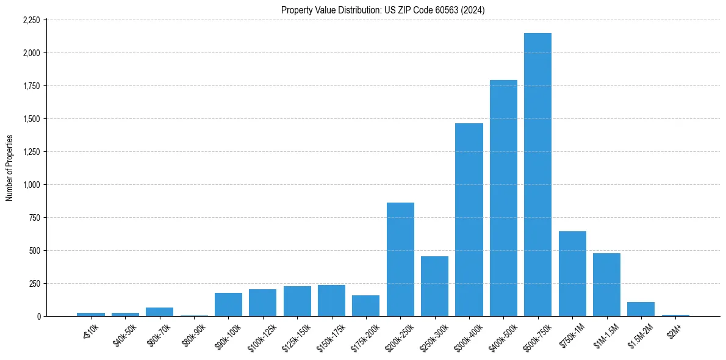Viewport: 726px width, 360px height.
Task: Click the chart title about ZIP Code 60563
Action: coord(383,10)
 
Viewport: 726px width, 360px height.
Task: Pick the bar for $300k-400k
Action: coord(469,220)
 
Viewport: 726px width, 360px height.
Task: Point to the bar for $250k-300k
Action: coord(434,286)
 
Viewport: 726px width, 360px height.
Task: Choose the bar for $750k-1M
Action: coord(572,274)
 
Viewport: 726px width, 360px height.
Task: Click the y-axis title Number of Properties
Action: coord(10,168)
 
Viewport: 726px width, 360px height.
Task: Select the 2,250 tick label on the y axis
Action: coord(31,20)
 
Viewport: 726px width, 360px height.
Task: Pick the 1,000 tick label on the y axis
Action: coord(31,185)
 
